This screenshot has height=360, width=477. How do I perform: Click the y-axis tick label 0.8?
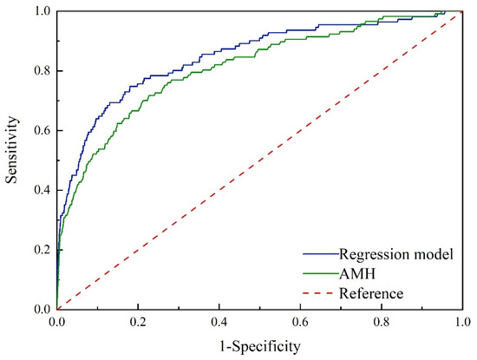(40, 71)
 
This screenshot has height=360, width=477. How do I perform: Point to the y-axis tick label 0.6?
(40, 131)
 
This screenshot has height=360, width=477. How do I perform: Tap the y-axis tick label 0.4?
(40, 190)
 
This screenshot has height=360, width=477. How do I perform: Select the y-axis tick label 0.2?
(40, 250)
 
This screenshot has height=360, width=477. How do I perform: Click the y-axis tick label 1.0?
(40, 12)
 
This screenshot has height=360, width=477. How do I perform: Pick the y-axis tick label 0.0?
(40, 309)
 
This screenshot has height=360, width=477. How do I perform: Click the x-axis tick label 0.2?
(138, 322)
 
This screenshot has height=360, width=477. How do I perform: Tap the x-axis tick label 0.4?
(219, 322)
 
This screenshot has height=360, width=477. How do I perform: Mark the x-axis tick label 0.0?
(57, 322)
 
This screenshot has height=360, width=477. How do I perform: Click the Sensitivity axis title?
(12, 160)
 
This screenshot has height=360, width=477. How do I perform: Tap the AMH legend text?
(358, 274)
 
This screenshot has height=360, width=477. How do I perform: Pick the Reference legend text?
(372, 293)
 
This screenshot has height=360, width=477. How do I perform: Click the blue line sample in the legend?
(320, 256)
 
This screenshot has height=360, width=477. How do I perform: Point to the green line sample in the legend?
(320, 275)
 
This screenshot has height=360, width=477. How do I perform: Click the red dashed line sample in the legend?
(320, 294)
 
